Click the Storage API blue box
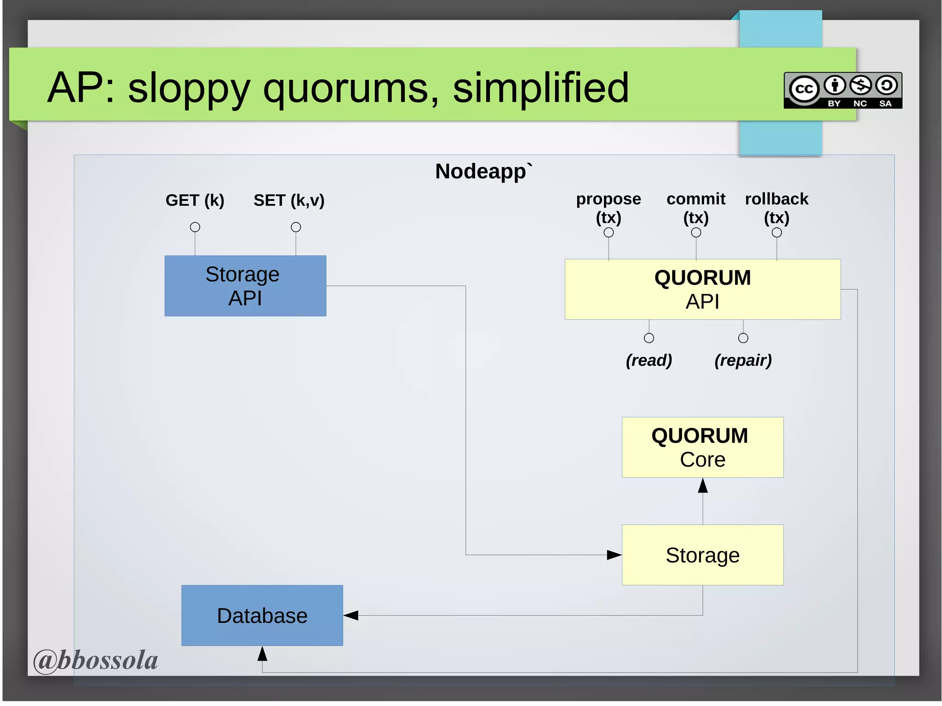(x=245, y=286)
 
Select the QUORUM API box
(x=702, y=289)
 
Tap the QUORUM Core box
(x=702, y=447)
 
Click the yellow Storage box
(x=702, y=555)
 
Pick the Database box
(x=262, y=615)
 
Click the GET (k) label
(x=195, y=201)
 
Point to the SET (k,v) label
(x=289, y=201)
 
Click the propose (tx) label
(x=609, y=208)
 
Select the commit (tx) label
(x=696, y=208)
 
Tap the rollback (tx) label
(x=776, y=208)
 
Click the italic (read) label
(x=649, y=360)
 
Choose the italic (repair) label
(x=743, y=360)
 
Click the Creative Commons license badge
(x=843, y=91)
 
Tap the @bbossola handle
(x=96, y=660)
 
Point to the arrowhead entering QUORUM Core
(x=703, y=486)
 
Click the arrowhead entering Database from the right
(x=351, y=615)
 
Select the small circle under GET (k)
(x=195, y=227)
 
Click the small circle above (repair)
(x=743, y=338)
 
